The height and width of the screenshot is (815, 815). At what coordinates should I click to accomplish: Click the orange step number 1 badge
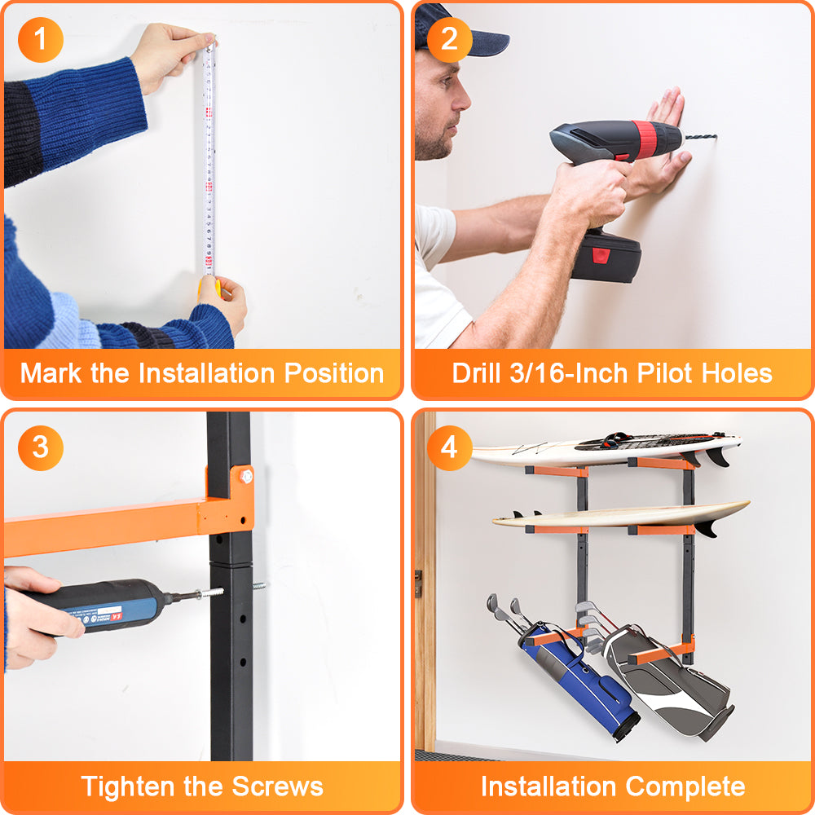click(x=41, y=39)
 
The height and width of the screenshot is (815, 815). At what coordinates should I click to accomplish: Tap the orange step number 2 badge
click(x=449, y=39)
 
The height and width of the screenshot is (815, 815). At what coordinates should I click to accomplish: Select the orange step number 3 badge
click(x=41, y=448)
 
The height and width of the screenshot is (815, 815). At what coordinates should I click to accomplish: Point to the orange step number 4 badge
click(x=449, y=448)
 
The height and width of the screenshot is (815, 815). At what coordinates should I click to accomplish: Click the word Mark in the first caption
click(x=51, y=373)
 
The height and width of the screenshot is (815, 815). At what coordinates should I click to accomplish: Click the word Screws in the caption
click(x=278, y=786)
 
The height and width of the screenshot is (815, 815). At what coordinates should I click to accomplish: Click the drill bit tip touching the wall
click(x=716, y=137)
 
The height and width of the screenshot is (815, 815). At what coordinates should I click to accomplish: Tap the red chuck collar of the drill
click(x=648, y=139)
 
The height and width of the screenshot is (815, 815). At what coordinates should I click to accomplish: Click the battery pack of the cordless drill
click(x=606, y=256)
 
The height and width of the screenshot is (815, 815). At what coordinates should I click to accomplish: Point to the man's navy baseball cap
click(x=456, y=31)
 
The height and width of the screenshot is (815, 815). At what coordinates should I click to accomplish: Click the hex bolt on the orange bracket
click(x=246, y=476)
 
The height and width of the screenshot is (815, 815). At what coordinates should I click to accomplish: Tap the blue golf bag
click(x=577, y=676)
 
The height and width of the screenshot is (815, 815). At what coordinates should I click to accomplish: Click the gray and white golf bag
click(x=671, y=681)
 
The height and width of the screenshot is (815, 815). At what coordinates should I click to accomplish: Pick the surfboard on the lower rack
click(x=621, y=516)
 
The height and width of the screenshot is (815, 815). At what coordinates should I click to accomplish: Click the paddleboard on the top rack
click(x=606, y=448)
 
